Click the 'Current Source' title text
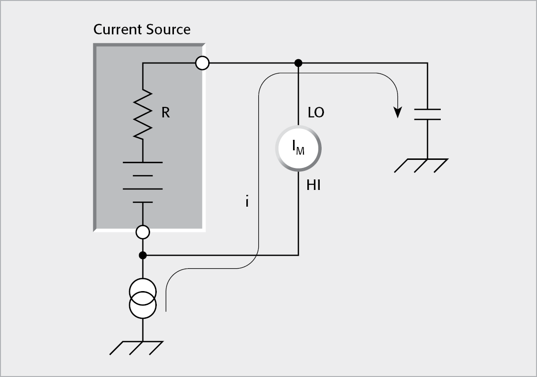pyautogui.click(x=142, y=30)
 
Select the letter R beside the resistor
pyautogui.click(x=165, y=113)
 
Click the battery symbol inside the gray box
pyautogui.click(x=142, y=182)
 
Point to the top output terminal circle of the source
pyautogui.click(x=203, y=63)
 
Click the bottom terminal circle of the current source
pyautogui.click(x=142, y=232)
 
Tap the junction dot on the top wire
pyautogui.click(x=298, y=63)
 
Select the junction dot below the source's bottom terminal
pyautogui.click(x=142, y=255)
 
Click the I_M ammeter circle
pyautogui.click(x=298, y=148)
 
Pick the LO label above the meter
pyautogui.click(x=316, y=113)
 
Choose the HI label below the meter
pyautogui.click(x=314, y=186)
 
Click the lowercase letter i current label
pyautogui.click(x=247, y=202)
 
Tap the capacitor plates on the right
pyautogui.click(x=427, y=114)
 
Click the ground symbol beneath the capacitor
pyautogui.click(x=421, y=165)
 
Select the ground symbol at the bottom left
pyautogui.click(x=136, y=347)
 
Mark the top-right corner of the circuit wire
pyautogui.click(x=427, y=63)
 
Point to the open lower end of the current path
pyautogui.click(x=166, y=311)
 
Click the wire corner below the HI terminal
pyautogui.click(x=298, y=255)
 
